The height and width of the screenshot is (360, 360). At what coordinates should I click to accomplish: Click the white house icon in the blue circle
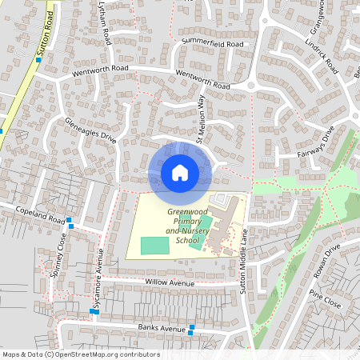179,172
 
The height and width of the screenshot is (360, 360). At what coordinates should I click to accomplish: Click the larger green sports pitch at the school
155,246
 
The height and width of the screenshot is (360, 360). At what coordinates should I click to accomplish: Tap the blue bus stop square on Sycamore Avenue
94,311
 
